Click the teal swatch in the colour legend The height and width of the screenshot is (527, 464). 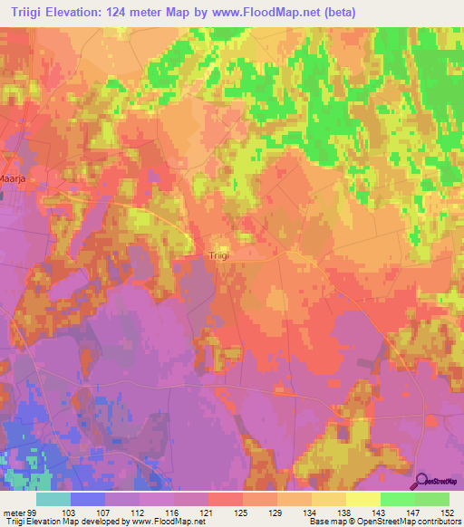(53, 499)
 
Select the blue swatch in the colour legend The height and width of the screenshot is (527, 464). (88, 499)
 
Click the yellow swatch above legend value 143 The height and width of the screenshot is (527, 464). (362, 499)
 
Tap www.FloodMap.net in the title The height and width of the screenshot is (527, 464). (275, 13)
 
